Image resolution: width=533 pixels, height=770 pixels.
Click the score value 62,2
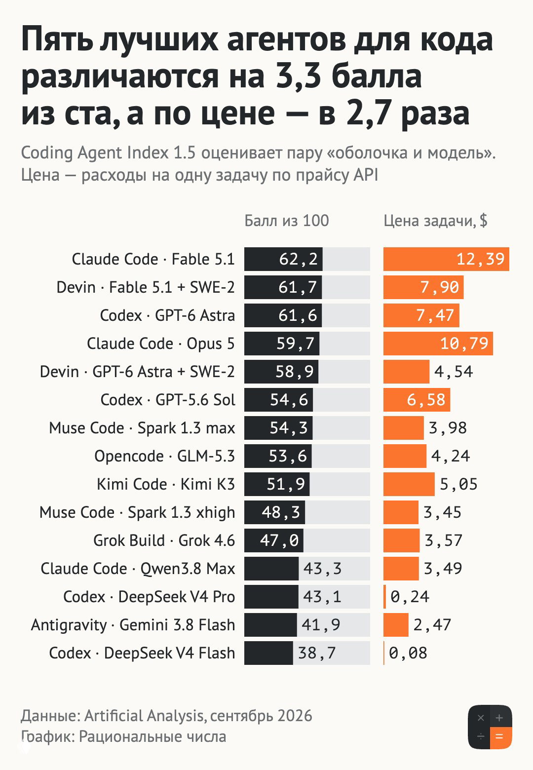point(298,259)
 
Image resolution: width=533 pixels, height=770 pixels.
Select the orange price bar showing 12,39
point(446,259)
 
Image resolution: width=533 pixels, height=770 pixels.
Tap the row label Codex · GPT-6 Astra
point(167,315)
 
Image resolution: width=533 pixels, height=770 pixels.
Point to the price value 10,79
point(464,344)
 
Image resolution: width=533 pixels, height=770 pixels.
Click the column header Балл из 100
point(287,220)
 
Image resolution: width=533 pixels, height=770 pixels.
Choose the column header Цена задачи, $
point(435,221)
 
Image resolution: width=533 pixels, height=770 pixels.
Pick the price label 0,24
point(410,597)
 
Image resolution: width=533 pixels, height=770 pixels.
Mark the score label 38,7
point(317,653)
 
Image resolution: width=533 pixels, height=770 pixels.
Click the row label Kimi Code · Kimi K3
point(166,484)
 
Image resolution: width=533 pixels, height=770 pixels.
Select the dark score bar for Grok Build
point(274,540)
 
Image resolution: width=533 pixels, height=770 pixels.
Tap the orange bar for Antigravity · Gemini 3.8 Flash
point(396,624)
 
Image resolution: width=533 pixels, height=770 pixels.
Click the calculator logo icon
point(490,727)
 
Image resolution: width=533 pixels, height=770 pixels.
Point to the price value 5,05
point(459,484)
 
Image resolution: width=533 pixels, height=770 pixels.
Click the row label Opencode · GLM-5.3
point(165,456)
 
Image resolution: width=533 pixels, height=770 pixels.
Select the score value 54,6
point(289,400)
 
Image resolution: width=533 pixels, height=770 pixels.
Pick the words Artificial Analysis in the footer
point(144,716)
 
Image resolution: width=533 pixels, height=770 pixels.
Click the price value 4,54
point(454,372)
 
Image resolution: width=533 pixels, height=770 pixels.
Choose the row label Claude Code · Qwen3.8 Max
point(138,569)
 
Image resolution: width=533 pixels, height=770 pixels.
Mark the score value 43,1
point(322,597)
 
